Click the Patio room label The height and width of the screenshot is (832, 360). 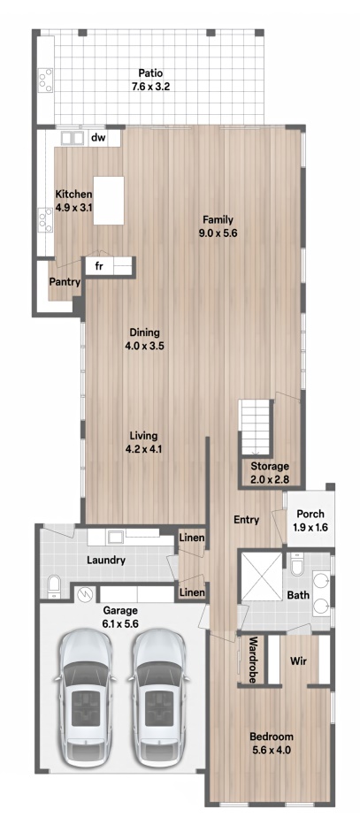[x=150, y=73]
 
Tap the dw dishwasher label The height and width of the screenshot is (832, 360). [x=98, y=138]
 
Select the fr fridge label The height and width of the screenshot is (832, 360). [x=99, y=266]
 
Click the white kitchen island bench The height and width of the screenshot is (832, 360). [x=109, y=201]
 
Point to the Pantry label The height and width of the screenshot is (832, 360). [x=65, y=282]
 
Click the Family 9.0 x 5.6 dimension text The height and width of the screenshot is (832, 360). [x=217, y=233]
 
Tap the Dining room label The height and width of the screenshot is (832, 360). [x=144, y=332]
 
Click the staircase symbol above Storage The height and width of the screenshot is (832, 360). [x=256, y=427]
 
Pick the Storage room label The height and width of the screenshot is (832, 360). [x=270, y=467]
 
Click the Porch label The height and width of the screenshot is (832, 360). [x=310, y=514]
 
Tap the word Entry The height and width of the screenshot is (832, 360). [x=247, y=520]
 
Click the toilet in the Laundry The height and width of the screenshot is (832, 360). [x=54, y=587]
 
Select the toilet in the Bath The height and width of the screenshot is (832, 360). [x=297, y=564]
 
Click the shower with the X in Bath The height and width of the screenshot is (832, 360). [x=262, y=576]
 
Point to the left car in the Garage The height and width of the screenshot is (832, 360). [x=86, y=698]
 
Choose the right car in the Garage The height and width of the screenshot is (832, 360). [x=157, y=698]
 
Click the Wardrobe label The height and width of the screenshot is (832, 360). [x=253, y=660]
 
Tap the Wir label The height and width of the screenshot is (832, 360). [x=298, y=661]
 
